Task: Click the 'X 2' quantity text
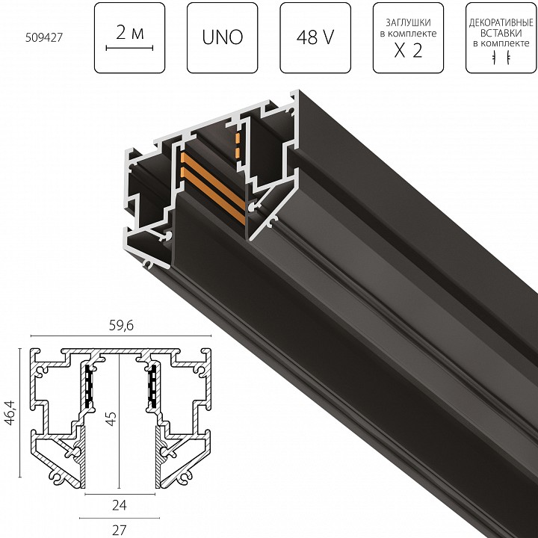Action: [x=407, y=53]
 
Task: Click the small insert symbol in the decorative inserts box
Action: [x=500, y=59]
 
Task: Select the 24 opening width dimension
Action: [x=120, y=504]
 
